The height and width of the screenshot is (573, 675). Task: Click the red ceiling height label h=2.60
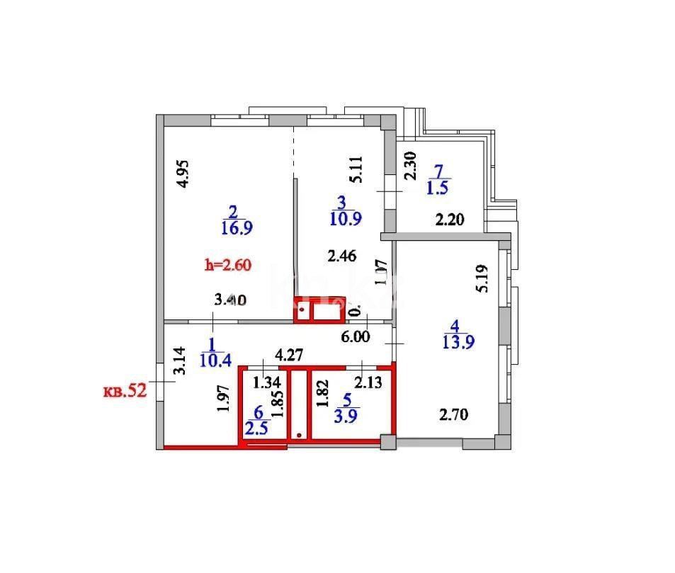[x=228, y=266]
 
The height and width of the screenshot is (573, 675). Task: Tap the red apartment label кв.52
[x=125, y=391]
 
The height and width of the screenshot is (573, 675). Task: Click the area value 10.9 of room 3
[x=346, y=219]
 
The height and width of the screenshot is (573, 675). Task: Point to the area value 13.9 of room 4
[x=457, y=341]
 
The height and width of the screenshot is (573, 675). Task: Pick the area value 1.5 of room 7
[x=438, y=188]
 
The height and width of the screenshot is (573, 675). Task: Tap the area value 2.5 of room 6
[x=256, y=429]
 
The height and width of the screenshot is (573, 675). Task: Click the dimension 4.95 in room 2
[x=183, y=174]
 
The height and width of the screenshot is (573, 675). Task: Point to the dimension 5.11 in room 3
[x=358, y=170]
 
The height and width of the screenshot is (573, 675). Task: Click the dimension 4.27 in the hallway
[x=290, y=355]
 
